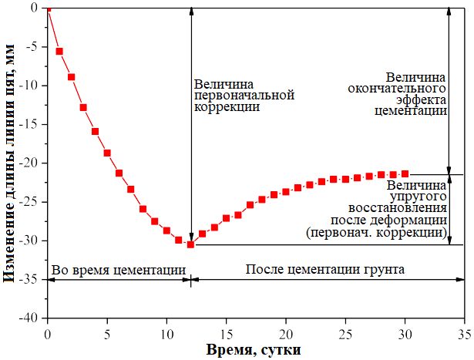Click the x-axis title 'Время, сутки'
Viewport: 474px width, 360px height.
[x=256, y=349]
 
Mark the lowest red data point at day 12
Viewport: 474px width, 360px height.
[x=190, y=244]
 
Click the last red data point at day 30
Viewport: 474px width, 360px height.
[x=405, y=173]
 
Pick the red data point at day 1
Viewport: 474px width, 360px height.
[x=59, y=51]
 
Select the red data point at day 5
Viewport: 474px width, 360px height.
[x=107, y=153]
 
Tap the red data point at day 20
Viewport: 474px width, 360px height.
[x=286, y=191]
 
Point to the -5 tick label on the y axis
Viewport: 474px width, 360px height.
[x=32, y=47]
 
